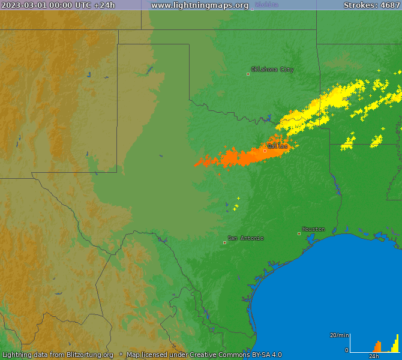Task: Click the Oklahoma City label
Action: click(272, 70)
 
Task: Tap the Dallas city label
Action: click(277, 146)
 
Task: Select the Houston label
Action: click(313, 229)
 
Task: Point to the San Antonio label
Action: click(245, 238)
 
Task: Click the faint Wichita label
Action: click(266, 5)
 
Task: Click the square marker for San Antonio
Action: click(225, 242)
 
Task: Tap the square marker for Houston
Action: click(299, 233)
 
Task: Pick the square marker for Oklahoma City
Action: click(248, 74)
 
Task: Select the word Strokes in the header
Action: click(358, 5)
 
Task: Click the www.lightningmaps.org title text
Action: click(199, 5)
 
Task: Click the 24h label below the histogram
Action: click(374, 356)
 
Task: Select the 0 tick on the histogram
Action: click(346, 350)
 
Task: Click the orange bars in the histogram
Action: click(377, 347)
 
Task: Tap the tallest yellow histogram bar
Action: click(397, 343)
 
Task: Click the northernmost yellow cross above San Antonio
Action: click(238, 198)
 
